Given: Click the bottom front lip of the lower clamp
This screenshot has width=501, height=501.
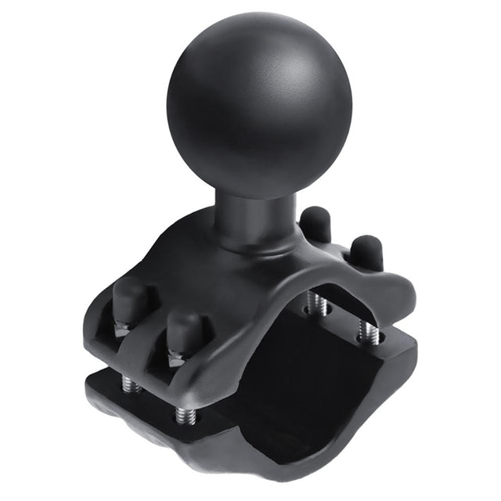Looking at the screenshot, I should (235, 462).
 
